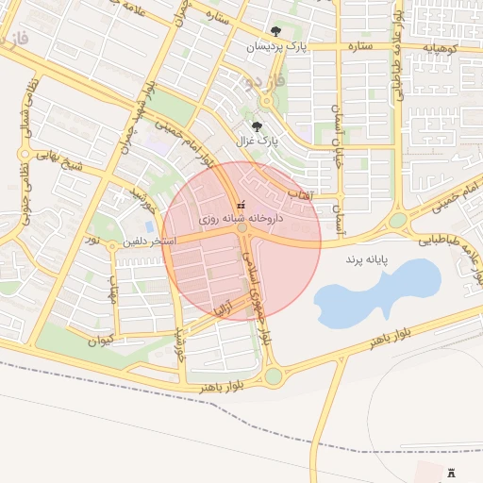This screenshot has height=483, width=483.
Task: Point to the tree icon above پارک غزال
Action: (257, 125)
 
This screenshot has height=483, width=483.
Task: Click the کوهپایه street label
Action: (440, 47)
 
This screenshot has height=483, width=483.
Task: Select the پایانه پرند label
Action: (369, 258)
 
